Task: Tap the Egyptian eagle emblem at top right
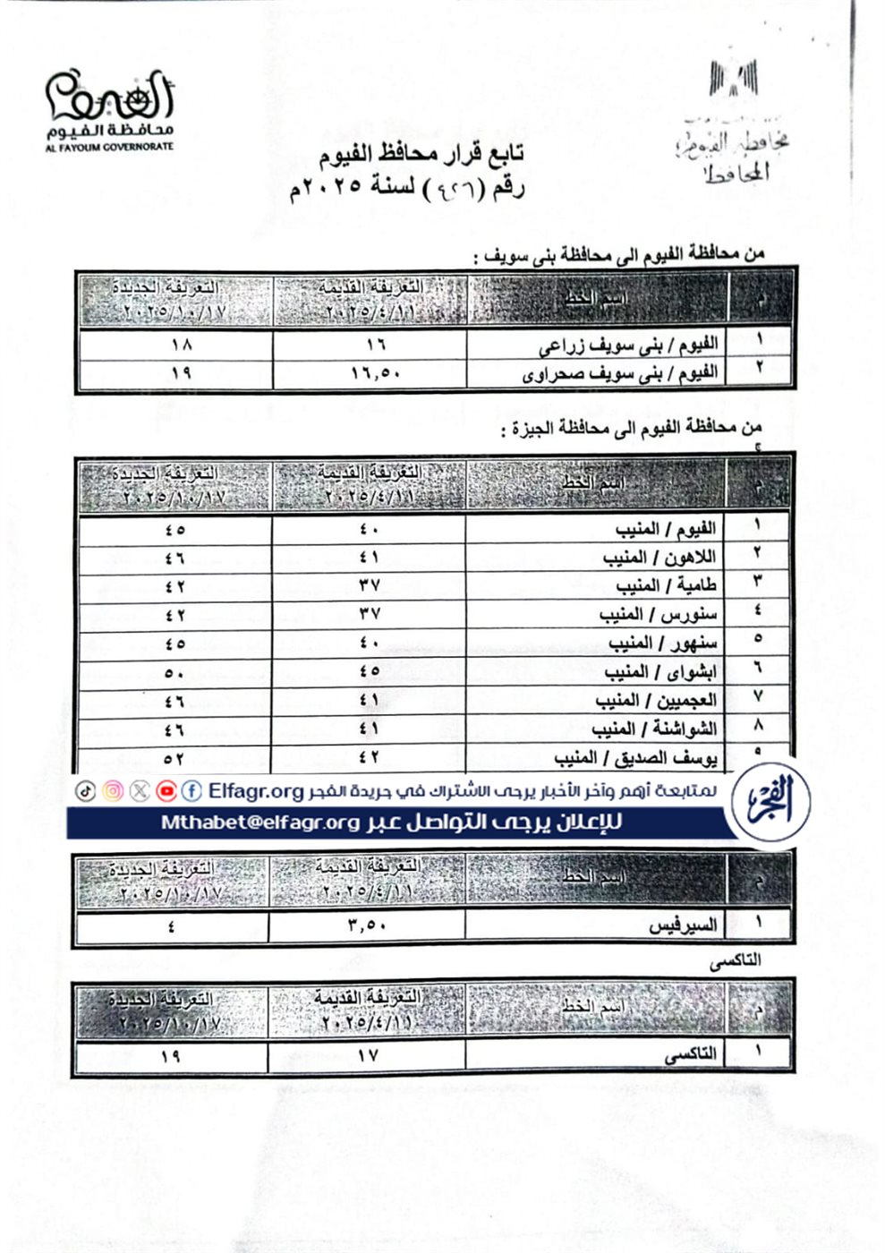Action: coord(734,79)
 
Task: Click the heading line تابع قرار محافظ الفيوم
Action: coord(421,154)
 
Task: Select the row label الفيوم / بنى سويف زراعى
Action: coord(627,344)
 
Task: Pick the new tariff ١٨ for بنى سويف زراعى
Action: coord(181,345)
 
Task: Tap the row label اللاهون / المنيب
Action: coord(659,557)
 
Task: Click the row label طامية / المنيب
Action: coord(666,585)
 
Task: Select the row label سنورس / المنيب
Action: coord(657,614)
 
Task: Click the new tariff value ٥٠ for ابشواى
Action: coord(174,672)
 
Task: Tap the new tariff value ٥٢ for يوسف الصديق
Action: coord(174,759)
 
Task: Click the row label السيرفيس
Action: coord(683,925)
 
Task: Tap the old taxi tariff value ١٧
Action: coord(368,1056)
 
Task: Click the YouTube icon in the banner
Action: coord(166,791)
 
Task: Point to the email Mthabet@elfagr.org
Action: coord(260,823)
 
